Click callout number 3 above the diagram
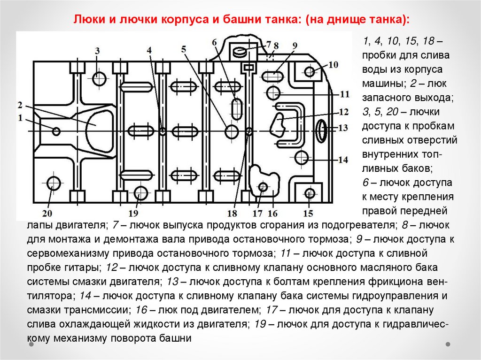point(97,51)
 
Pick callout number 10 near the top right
point(333,64)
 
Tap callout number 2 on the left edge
point(20,105)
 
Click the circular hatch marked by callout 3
point(99,79)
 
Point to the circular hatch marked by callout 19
point(140,192)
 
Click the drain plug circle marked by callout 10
point(309,72)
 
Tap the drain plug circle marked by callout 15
point(309,193)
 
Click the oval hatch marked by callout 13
point(321,130)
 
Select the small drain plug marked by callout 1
point(56,131)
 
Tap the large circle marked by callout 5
point(232,131)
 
